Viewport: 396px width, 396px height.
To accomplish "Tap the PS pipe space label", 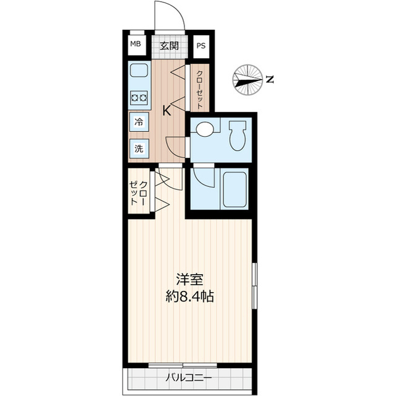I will click(x=201, y=45).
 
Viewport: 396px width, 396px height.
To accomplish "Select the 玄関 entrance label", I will click(x=169, y=45).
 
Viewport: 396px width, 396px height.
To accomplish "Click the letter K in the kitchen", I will click(x=166, y=111).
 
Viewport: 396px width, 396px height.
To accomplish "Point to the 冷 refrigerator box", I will click(x=139, y=122).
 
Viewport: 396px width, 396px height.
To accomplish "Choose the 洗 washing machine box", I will click(x=139, y=148).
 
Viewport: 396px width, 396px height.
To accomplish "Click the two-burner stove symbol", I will click(x=139, y=97).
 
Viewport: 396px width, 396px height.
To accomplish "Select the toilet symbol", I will click(x=237, y=135).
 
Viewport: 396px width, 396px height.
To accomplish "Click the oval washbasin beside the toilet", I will click(x=204, y=129).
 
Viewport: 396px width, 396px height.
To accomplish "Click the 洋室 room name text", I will click(x=190, y=279).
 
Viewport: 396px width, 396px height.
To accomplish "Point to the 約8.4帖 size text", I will click(x=190, y=296).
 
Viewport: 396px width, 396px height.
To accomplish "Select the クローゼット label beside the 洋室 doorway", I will click(x=138, y=194).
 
